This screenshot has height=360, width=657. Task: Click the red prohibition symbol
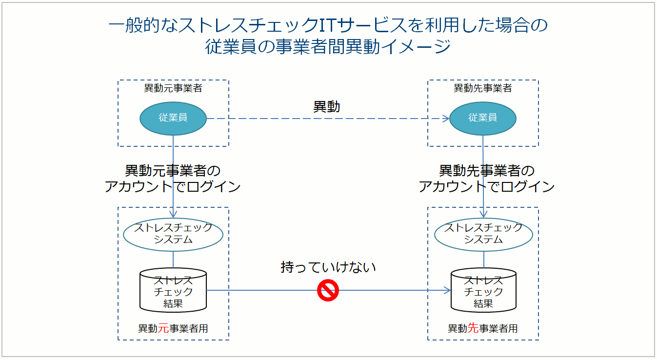click(x=328, y=291)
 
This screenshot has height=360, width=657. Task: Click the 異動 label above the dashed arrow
click(x=326, y=107)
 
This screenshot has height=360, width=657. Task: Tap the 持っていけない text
click(x=328, y=267)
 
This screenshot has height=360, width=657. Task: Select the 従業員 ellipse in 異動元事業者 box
click(x=173, y=118)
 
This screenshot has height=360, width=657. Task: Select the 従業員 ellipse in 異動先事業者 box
click(x=483, y=118)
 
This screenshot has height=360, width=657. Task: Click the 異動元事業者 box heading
click(x=173, y=88)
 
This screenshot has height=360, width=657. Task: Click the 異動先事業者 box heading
click(x=483, y=88)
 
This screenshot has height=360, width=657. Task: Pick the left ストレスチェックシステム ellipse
click(x=173, y=234)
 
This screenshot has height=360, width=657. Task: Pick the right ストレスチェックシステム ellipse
click(x=483, y=234)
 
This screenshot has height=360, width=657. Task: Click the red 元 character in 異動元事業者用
click(x=163, y=328)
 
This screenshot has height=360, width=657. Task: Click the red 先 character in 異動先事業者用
click(x=473, y=328)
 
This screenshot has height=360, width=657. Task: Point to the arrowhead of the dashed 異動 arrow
click(x=446, y=118)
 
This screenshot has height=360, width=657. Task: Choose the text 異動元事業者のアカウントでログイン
click(x=173, y=179)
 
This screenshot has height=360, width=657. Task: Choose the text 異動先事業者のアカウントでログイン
click(x=487, y=179)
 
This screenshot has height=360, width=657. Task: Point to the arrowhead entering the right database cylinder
click(x=448, y=291)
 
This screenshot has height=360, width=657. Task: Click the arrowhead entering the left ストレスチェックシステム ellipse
click(x=173, y=215)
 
